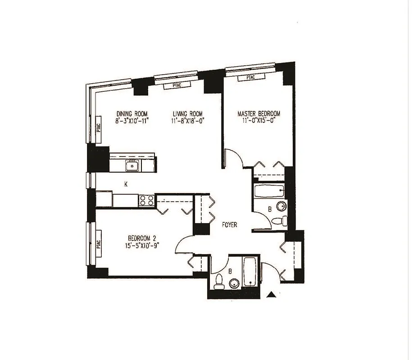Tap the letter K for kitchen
click(126, 184)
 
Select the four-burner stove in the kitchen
click(147, 200)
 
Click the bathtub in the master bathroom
click(269, 190)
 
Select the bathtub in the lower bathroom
click(250, 271)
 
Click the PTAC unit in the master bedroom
click(250, 78)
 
